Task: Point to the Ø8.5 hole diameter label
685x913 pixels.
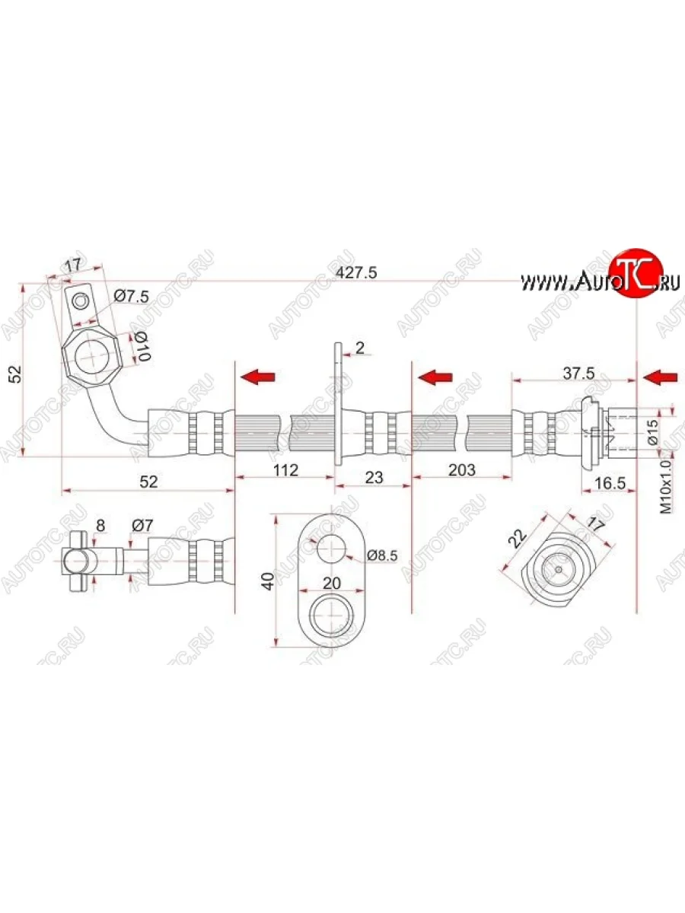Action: (382, 555)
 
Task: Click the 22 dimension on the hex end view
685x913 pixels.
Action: (519, 538)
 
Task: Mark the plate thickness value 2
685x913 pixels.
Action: (360, 348)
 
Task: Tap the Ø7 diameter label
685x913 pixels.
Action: (142, 524)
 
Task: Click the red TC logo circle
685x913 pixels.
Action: (635, 272)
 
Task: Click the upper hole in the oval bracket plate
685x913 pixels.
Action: (332, 549)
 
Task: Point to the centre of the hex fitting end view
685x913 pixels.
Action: (558, 568)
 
